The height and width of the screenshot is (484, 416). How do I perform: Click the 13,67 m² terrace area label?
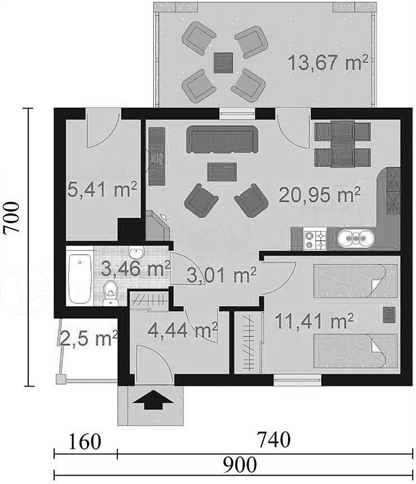click(328, 62)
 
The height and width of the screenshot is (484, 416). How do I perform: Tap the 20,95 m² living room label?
click(320, 195)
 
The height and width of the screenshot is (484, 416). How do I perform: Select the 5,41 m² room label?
click(102, 190)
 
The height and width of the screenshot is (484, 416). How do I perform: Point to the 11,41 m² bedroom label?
click(314, 321)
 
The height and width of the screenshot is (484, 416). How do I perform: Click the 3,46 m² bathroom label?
click(136, 268)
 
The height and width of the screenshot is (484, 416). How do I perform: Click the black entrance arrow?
click(153, 400)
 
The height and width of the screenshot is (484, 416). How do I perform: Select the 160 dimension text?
click(84, 442)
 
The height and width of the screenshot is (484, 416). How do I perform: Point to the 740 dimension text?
click(274, 439)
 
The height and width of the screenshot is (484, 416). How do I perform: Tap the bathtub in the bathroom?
click(79, 279)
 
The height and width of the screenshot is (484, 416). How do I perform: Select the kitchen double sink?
click(356, 239)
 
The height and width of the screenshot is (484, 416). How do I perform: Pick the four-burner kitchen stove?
click(315, 239)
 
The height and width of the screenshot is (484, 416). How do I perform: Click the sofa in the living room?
click(222, 140)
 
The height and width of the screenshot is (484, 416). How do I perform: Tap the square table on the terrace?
click(223, 62)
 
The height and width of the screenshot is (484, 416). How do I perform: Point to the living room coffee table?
click(222, 172)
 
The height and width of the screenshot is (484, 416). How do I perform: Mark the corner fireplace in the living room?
click(157, 226)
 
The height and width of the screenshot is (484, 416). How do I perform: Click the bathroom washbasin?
click(136, 253)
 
